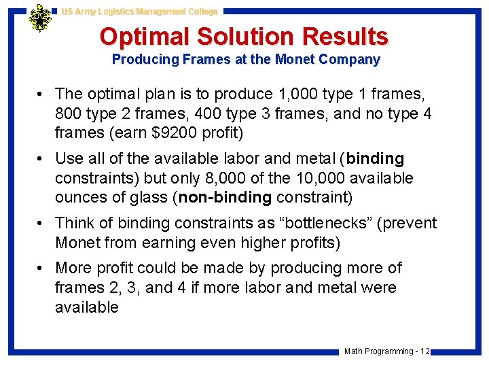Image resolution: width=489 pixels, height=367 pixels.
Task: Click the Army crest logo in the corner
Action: [x=40, y=18]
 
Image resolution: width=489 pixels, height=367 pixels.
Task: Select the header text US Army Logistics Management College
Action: [x=139, y=12]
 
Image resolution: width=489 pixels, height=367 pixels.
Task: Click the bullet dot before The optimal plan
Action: [x=41, y=94]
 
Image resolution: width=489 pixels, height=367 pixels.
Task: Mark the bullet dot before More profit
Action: [x=41, y=268]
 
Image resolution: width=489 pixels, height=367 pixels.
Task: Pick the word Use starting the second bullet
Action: [x=69, y=158]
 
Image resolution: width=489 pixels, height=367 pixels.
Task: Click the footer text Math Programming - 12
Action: [x=386, y=351]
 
